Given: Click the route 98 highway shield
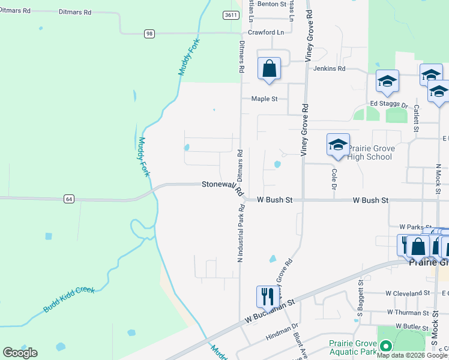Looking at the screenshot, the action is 149,34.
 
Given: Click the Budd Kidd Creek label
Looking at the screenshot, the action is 69,299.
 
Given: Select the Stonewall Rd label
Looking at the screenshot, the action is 222,188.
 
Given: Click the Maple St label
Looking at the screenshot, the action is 264,98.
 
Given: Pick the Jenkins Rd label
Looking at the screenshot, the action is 329,68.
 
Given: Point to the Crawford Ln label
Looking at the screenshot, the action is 265,32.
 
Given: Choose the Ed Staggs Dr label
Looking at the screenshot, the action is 389,103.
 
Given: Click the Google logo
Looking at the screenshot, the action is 20,353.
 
